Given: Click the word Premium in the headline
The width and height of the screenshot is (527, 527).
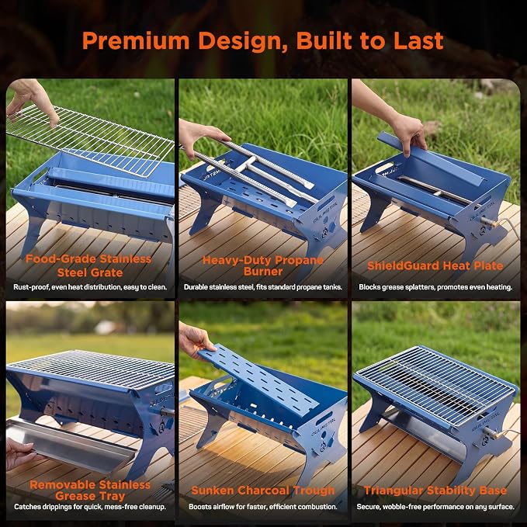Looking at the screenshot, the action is click(136, 41).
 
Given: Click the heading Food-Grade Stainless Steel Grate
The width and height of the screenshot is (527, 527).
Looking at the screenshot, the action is click(88, 265).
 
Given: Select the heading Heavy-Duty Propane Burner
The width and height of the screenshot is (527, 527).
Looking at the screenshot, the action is click(263, 265).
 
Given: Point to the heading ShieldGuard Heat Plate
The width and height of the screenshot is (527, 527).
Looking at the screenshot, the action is click(435, 266).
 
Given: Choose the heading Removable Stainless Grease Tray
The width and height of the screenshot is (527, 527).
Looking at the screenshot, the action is click(90, 491).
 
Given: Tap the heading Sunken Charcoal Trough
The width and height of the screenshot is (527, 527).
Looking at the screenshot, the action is click(263, 491).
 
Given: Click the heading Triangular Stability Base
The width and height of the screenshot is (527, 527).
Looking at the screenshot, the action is click(435, 491).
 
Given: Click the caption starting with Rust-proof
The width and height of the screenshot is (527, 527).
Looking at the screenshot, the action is click(90, 287).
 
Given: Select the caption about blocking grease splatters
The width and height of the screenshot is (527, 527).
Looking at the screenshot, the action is click(435, 287).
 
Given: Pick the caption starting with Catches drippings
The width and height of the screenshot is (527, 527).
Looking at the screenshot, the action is click(90, 507).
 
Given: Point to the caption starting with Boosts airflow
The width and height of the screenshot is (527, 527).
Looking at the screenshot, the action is click(263, 507).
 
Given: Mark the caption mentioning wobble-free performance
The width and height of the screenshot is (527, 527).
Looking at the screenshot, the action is click(435, 507).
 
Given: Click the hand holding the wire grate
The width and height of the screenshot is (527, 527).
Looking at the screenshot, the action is click(32, 101).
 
